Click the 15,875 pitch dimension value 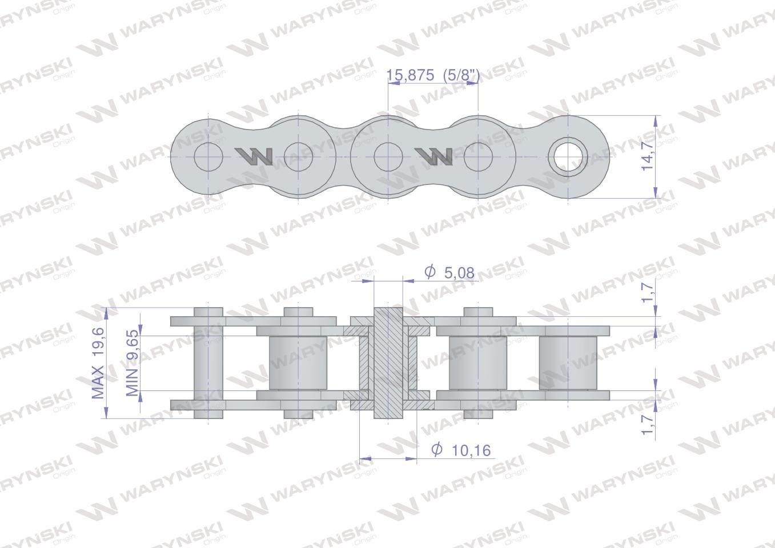410,75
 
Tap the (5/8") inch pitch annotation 461,75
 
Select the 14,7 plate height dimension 647,156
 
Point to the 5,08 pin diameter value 459,273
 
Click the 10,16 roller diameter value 471,450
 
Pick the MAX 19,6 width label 98,363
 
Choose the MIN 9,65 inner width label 132,362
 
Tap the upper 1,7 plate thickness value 647,293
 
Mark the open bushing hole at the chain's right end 568,156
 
